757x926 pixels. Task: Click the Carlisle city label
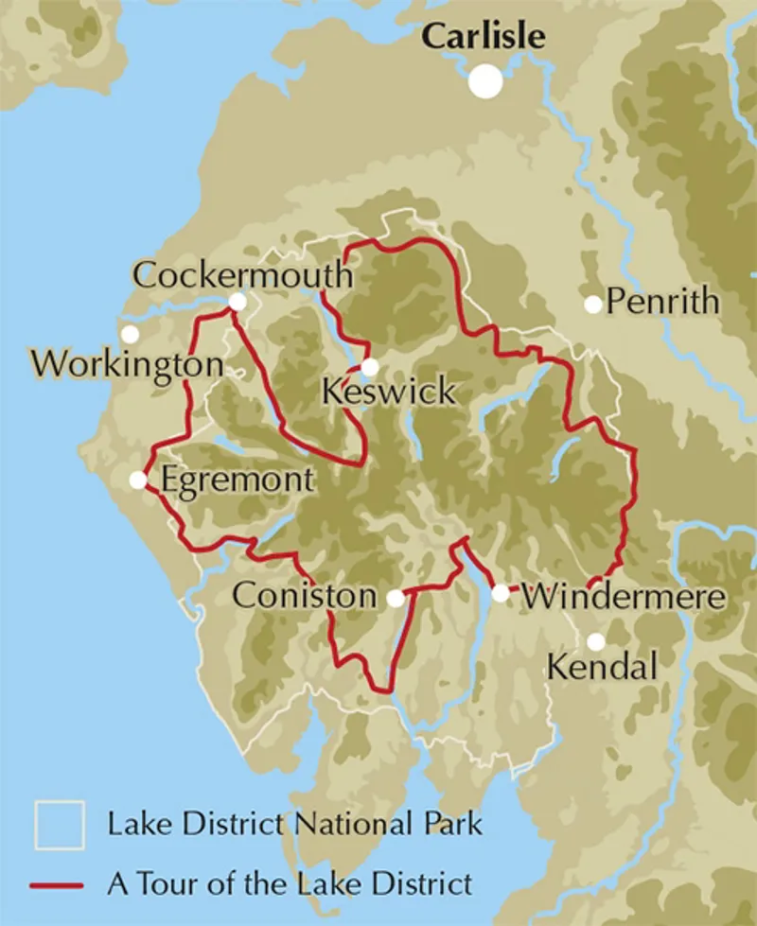[484, 36]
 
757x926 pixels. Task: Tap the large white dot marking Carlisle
[486, 80]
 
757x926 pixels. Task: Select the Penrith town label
[663, 302]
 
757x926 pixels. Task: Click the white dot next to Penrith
[592, 304]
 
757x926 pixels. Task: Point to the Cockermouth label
[242, 275]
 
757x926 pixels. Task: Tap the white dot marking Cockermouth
[238, 302]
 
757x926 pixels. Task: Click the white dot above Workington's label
[130, 334]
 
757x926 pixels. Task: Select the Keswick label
[389, 392]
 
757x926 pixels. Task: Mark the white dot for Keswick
[370, 367]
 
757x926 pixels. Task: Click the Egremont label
[236, 480]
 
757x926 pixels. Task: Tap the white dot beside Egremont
[138, 480]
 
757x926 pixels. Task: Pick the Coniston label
[304, 596]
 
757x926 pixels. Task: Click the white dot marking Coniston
[396, 598]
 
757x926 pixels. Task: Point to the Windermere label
[625, 597]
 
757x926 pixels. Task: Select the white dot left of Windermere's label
[501, 594]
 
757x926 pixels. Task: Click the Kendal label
[603, 668]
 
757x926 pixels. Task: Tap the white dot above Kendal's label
[595, 641]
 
